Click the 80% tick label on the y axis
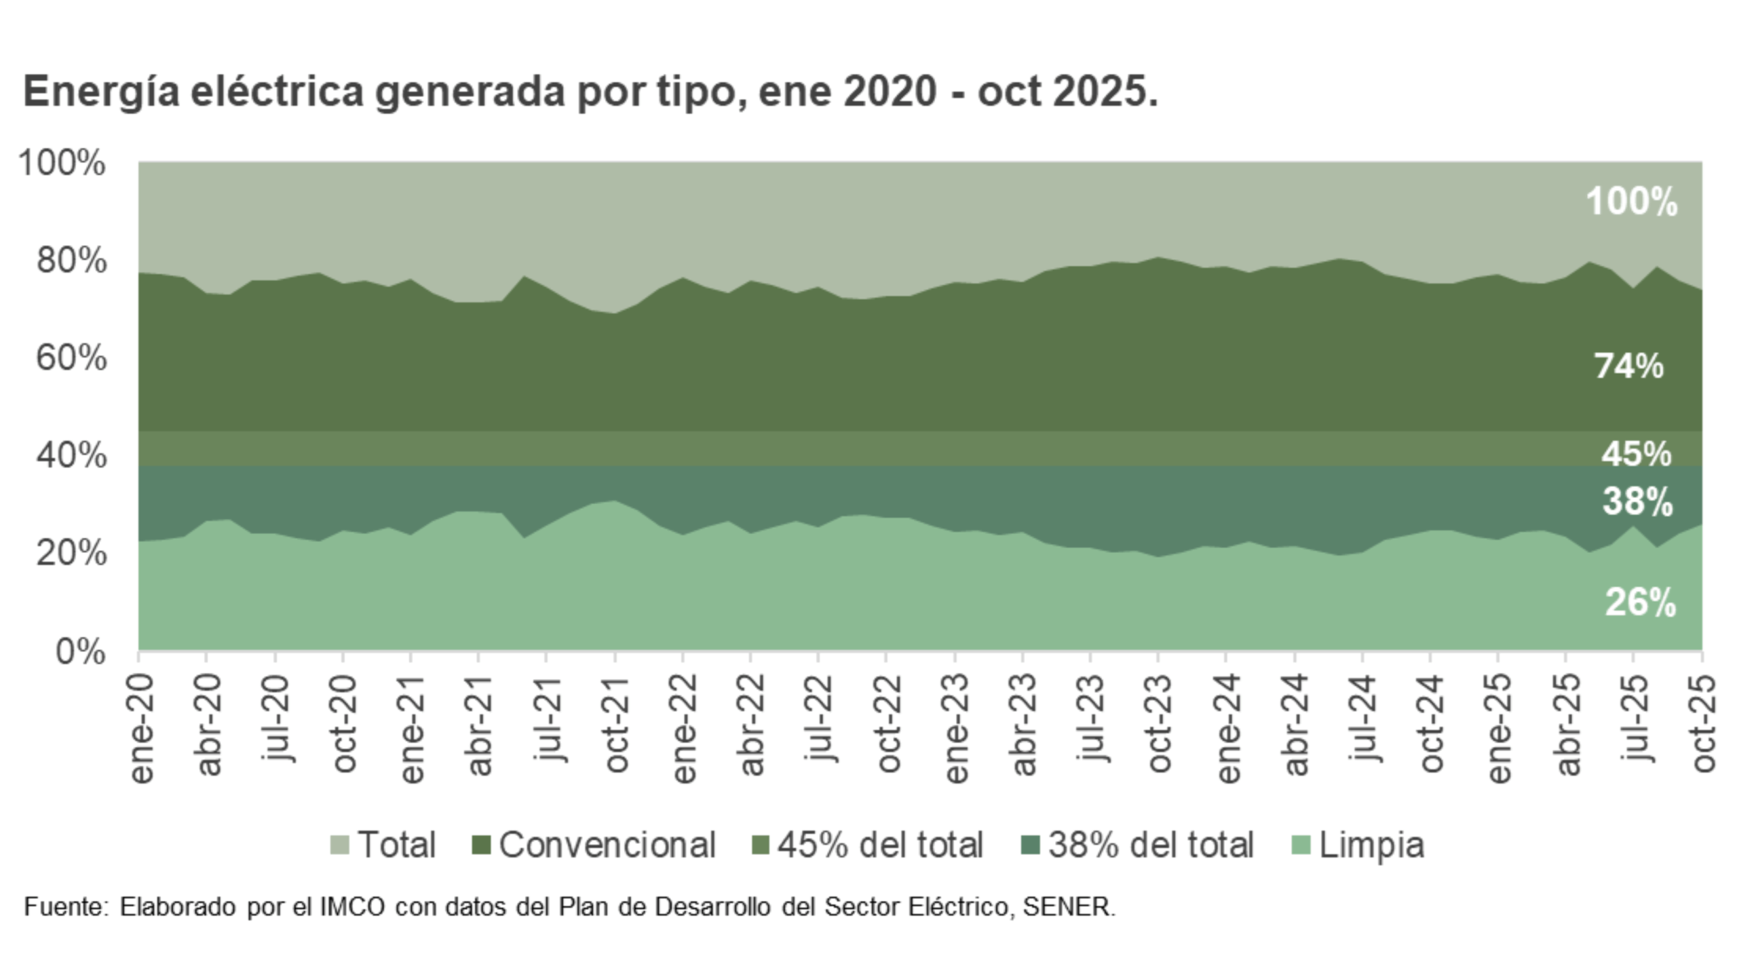point(71,261)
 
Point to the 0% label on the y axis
point(80,652)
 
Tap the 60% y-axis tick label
point(71,358)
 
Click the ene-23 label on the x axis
point(956,728)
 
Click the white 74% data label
point(1629,366)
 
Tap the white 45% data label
point(1637,454)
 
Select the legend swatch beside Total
point(339,845)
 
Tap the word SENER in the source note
point(1068,907)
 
